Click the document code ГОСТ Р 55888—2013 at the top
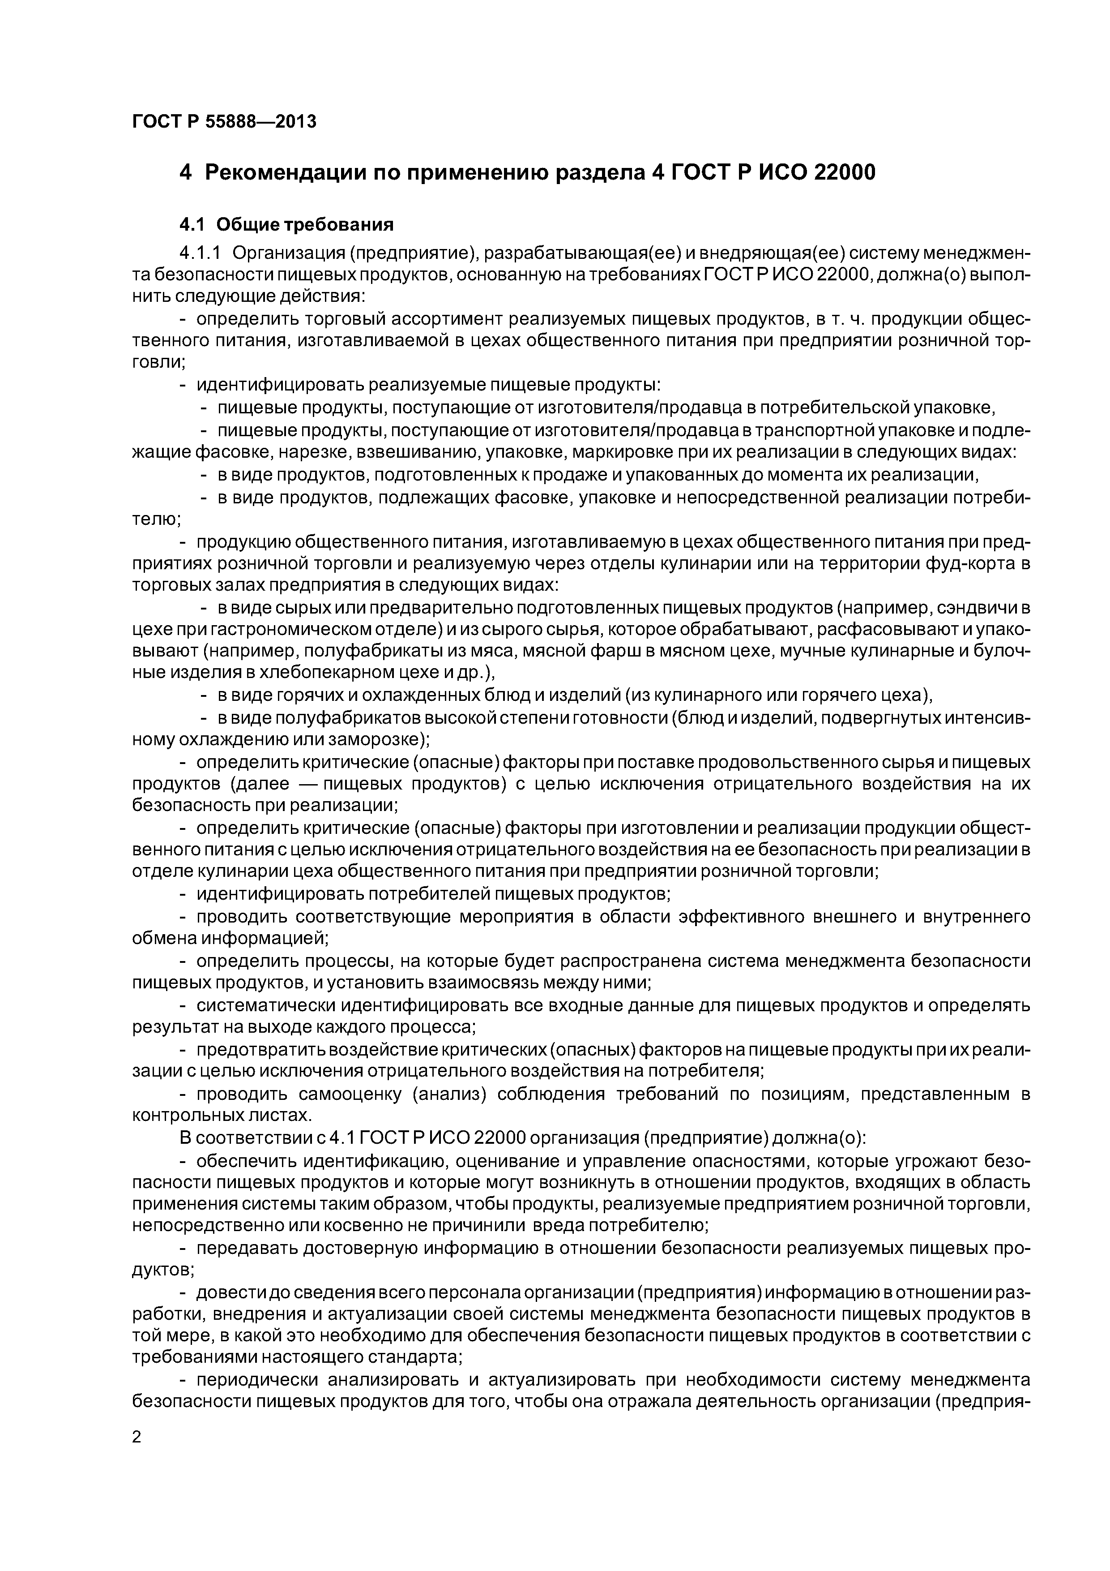point(224,122)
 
